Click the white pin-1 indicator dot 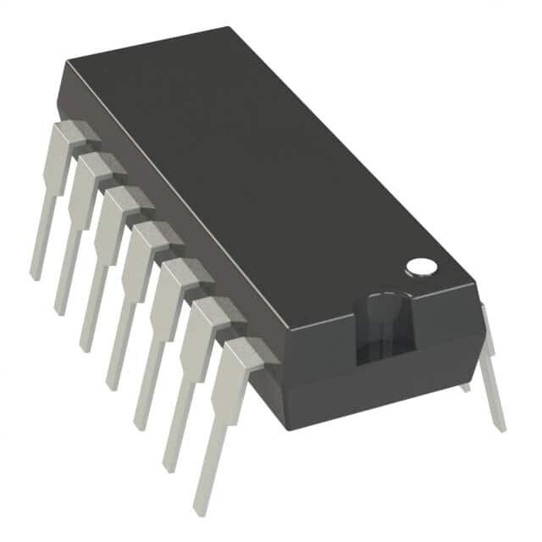coord(421,266)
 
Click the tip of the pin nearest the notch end coord(202,506)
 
